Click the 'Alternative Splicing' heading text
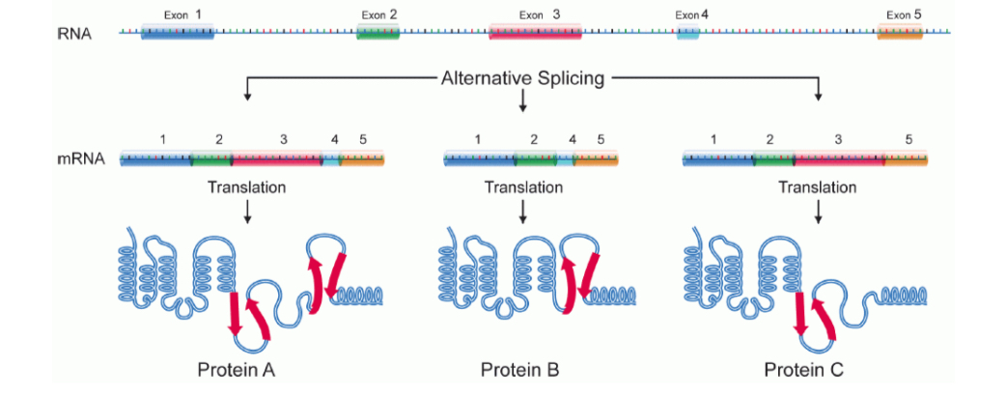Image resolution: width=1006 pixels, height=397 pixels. [522, 78]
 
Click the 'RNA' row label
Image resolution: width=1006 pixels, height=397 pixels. [74, 34]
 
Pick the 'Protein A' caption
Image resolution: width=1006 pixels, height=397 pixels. [237, 369]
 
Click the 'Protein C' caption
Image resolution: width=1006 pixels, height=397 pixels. [803, 369]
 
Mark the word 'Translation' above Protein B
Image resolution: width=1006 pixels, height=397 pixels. [522, 186]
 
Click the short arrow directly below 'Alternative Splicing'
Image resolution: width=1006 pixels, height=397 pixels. [522, 100]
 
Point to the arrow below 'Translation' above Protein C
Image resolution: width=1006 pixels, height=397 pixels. [819, 212]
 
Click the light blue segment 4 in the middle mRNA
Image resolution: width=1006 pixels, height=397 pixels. [565, 159]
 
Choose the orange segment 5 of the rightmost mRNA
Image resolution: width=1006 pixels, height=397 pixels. [907, 159]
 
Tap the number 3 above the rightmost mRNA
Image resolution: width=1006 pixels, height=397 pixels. [838, 140]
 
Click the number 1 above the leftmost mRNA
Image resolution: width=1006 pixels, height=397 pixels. [163, 140]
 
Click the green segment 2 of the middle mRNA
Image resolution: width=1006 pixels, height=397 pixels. [535, 159]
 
